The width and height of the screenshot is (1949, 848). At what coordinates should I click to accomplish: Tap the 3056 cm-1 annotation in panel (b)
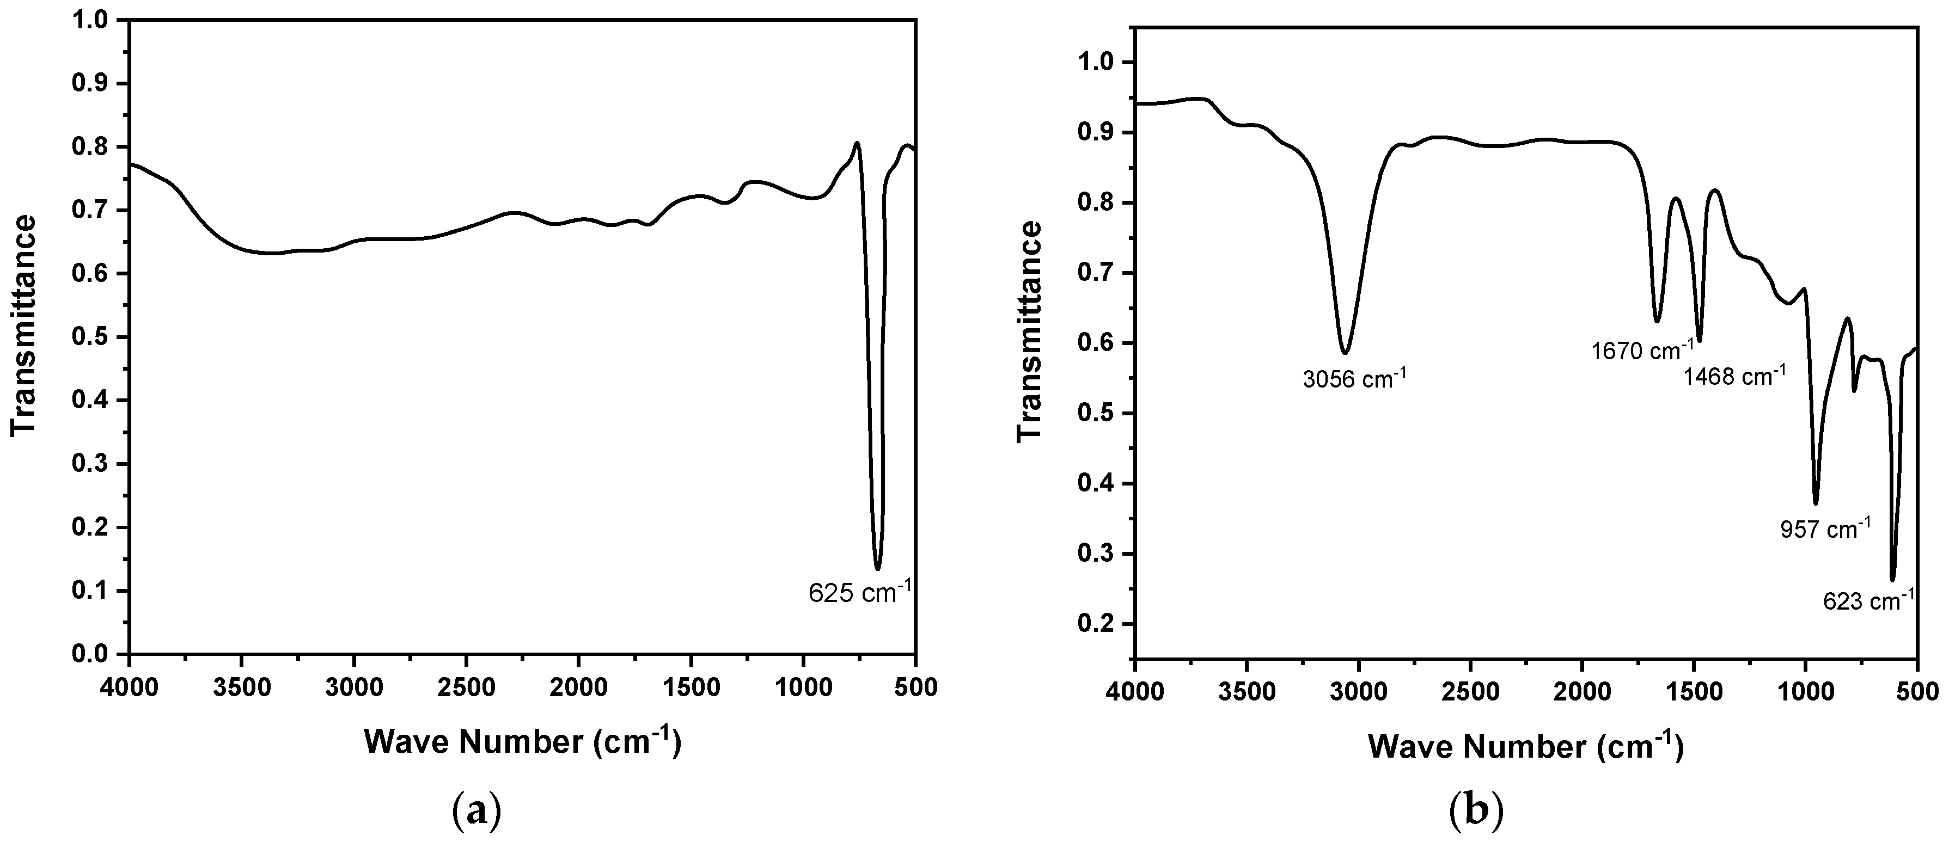tap(1354, 379)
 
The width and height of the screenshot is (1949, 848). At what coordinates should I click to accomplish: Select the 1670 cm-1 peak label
tap(1642, 350)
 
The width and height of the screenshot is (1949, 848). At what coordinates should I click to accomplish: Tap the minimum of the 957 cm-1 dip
tap(1815, 503)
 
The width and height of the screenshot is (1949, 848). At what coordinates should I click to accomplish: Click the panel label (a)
tap(476, 812)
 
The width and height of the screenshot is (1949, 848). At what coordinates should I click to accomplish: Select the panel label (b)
tap(1475, 812)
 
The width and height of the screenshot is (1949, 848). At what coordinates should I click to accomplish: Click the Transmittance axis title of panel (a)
tap(24, 326)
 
